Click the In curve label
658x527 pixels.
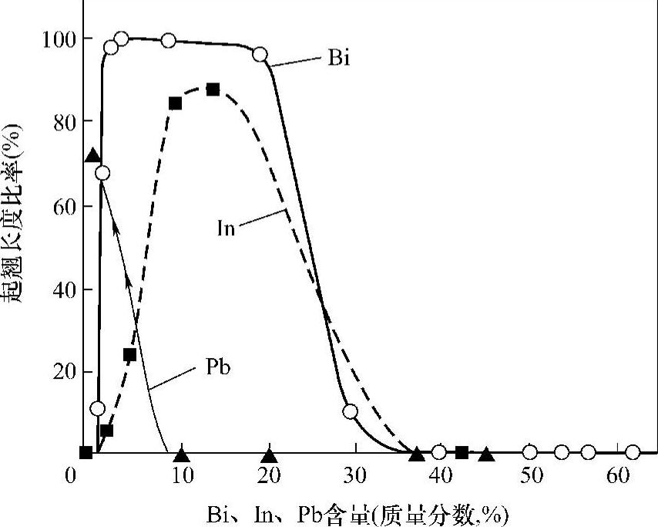click(225, 228)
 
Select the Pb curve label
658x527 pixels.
click(218, 368)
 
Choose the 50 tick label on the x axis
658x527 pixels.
click(530, 476)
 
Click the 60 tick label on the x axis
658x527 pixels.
click(619, 476)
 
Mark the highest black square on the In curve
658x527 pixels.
click(213, 90)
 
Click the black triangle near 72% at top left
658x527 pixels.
click(92, 156)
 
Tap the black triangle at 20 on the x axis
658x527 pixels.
click(269, 455)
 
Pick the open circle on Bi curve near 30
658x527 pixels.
click(351, 411)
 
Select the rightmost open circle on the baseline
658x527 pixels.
click(633, 452)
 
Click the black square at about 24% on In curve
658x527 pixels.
click(129, 355)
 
